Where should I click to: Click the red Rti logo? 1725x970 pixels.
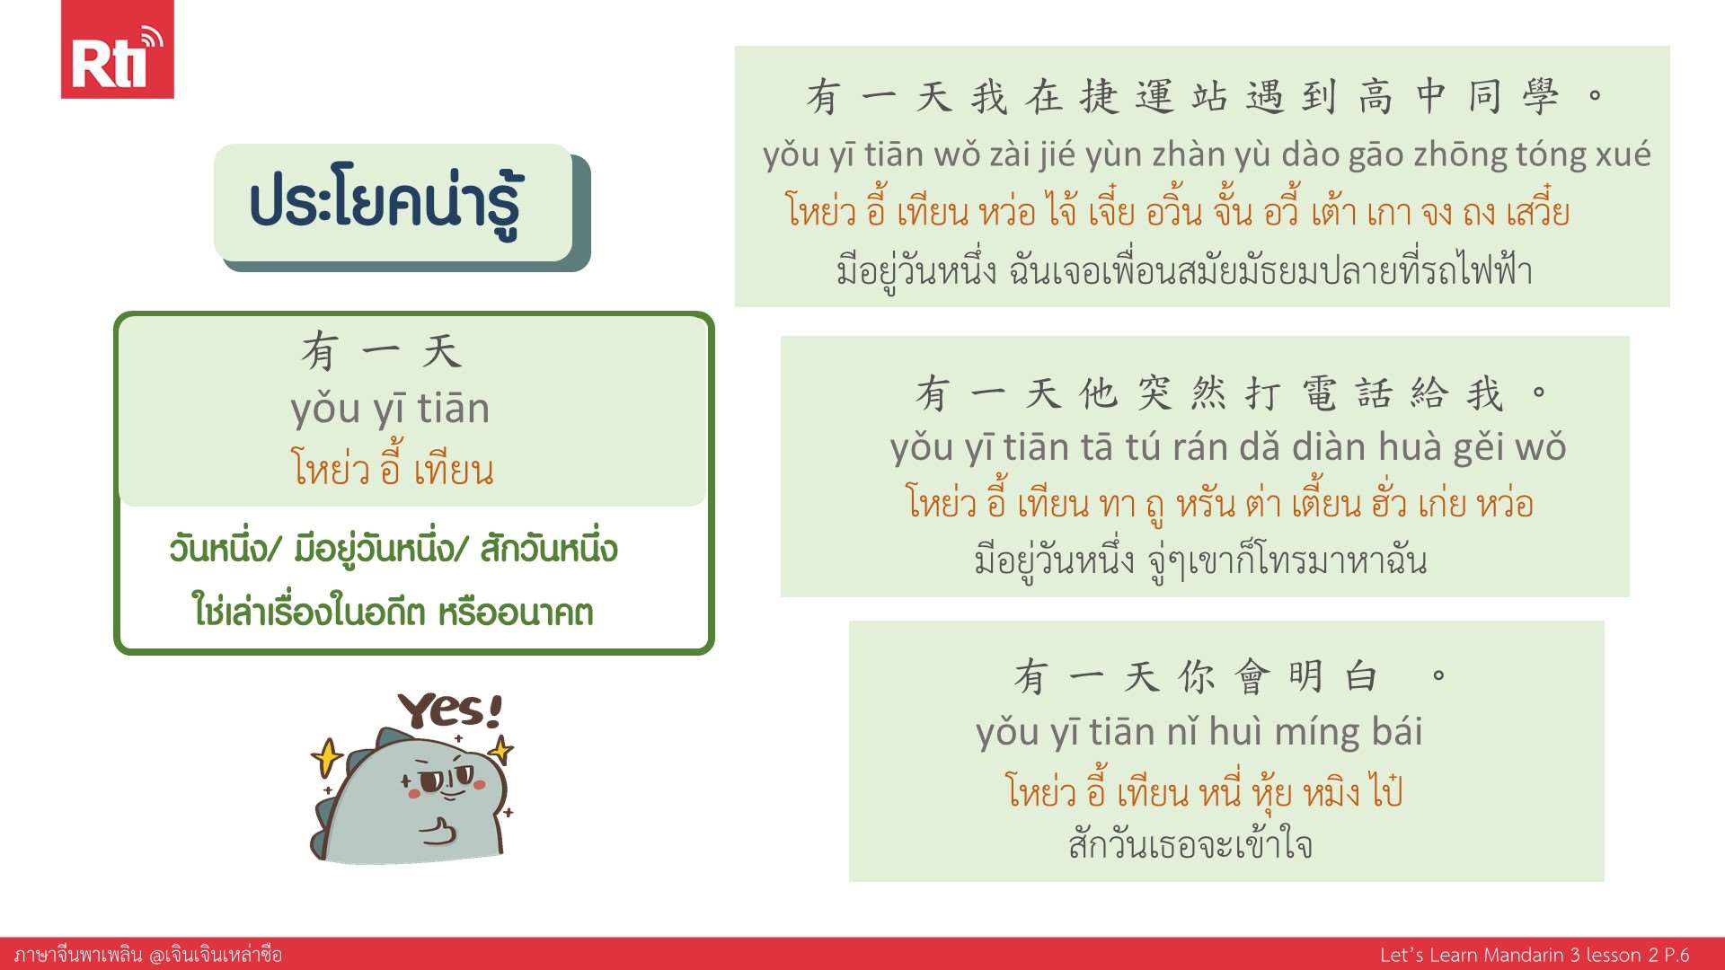tap(117, 48)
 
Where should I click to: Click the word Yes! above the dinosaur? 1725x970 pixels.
tap(450, 710)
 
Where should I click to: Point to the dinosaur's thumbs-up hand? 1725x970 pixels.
tap(438, 832)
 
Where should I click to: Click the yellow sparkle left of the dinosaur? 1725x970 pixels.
tap(326, 756)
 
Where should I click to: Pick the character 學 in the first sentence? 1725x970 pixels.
tap(1541, 96)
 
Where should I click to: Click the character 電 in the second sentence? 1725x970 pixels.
tap(1319, 393)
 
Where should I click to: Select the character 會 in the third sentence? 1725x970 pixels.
tap(1252, 676)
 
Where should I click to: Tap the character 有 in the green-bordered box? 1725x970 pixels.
tap(320, 350)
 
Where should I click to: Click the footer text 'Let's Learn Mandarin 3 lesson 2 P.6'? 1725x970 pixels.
tap(1535, 955)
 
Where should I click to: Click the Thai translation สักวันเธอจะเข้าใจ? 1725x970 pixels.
tap(1190, 844)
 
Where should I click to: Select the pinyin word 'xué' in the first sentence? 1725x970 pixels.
tap(1623, 155)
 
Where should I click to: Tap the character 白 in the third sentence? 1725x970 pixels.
tap(1362, 676)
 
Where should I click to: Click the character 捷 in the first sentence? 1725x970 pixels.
tap(1100, 96)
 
